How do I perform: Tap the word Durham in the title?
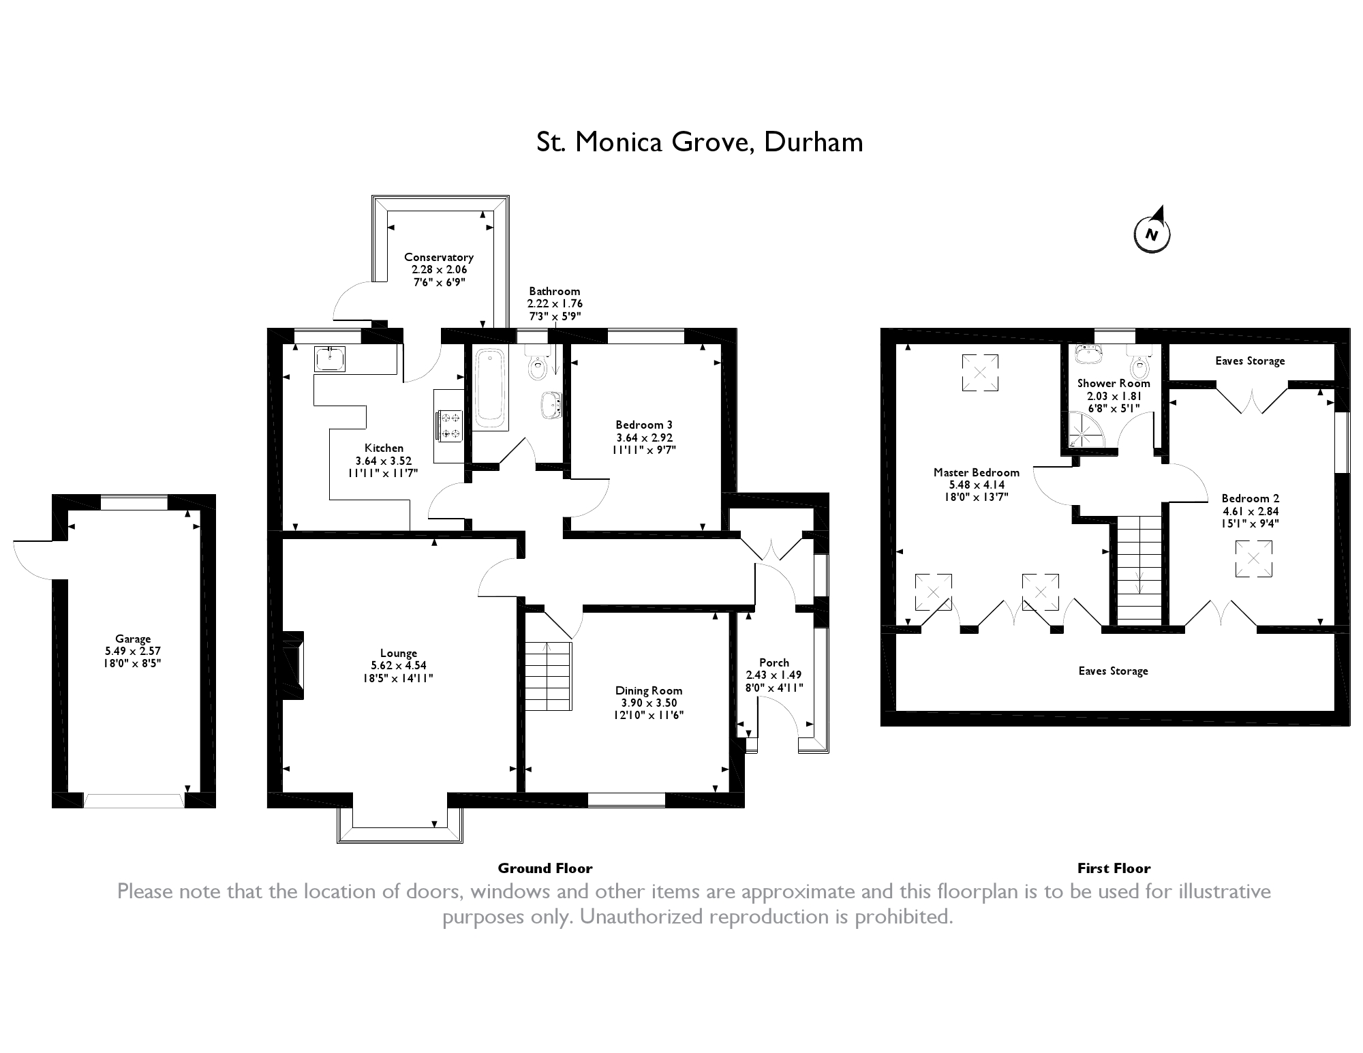coord(814,142)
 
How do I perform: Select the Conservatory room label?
coord(438,257)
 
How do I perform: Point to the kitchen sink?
coord(331,358)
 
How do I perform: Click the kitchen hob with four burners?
coord(450,425)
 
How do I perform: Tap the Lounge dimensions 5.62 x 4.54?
coord(399,666)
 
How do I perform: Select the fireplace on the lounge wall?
coord(294,665)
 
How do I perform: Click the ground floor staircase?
coord(547,676)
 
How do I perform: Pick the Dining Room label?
coord(648,690)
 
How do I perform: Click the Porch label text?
coord(774,662)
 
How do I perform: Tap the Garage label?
coord(133,639)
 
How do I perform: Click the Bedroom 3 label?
coord(645,425)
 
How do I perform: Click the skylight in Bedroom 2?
coord(1254,559)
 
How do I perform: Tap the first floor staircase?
coord(1138,568)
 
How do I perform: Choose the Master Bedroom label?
coord(976,472)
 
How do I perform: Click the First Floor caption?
coord(1114,868)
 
